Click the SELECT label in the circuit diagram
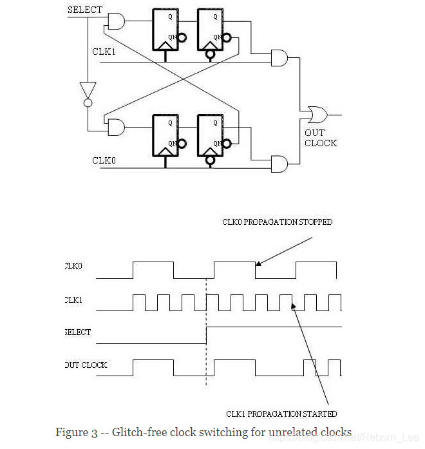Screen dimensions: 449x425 point(85,10)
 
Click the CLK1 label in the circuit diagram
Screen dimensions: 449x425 point(104,51)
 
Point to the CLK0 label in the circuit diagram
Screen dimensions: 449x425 point(104,160)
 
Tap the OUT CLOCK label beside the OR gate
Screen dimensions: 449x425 point(320,138)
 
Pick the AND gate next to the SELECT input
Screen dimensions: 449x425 point(116,22)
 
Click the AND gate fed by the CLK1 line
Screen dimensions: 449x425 point(280,58)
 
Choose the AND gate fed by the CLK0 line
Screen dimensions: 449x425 point(280,164)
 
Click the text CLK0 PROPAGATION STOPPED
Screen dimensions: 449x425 point(277,222)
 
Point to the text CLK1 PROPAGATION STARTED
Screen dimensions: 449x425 point(281,414)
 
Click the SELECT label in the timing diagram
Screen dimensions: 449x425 point(78,332)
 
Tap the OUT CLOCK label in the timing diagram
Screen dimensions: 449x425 point(86,365)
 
